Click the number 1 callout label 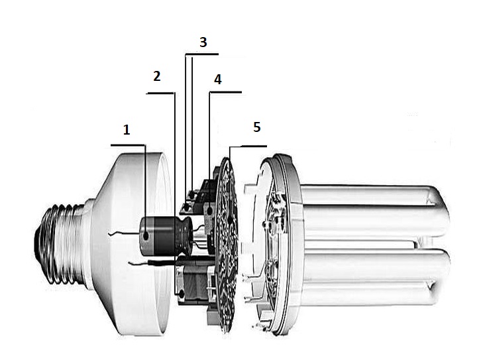click(x=127, y=131)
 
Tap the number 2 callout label click(x=156, y=76)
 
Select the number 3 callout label click(x=203, y=42)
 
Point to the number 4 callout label click(x=218, y=80)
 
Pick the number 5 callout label click(x=257, y=127)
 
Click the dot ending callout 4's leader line click(x=209, y=210)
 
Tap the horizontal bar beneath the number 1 click(x=127, y=145)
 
